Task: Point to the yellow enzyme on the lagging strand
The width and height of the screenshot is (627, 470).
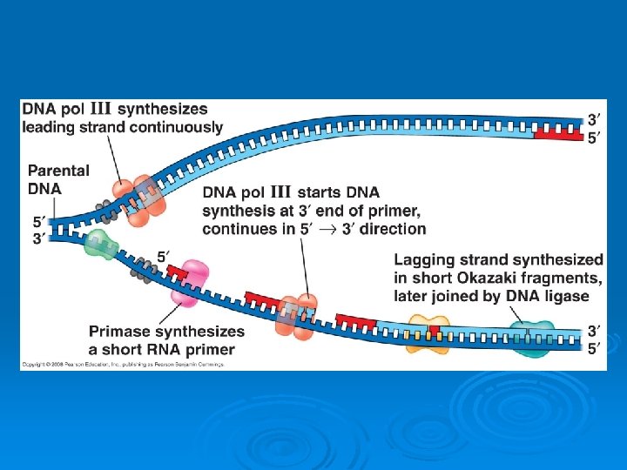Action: point(428,333)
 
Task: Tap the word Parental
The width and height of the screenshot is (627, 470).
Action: point(58,171)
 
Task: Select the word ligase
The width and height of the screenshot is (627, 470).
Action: point(565,296)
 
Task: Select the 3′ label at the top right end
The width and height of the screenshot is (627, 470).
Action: point(593,120)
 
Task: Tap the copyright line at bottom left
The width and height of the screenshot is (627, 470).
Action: point(122,363)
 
